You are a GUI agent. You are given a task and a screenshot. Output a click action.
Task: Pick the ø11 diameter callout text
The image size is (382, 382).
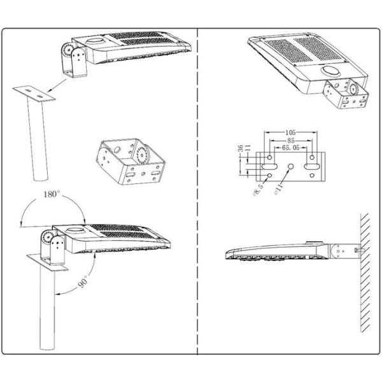point(278,189)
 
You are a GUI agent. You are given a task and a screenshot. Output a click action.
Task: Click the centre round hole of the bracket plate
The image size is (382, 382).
point(292,167)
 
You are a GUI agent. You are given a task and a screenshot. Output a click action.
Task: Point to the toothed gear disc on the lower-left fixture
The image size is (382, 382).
point(46,238)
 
